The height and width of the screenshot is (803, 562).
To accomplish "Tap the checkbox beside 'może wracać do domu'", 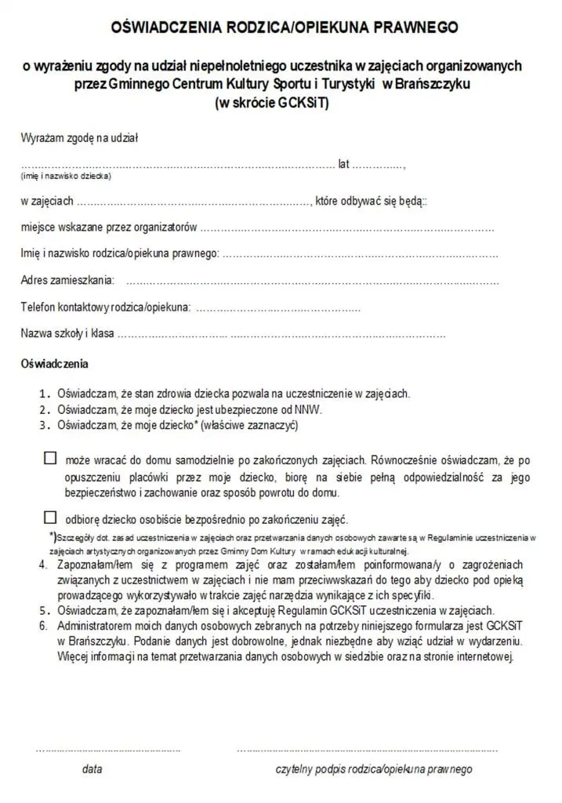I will [51, 458].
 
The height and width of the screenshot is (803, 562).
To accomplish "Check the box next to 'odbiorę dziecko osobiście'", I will [51, 517].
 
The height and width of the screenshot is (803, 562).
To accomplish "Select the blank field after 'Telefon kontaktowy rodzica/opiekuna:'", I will [277, 308].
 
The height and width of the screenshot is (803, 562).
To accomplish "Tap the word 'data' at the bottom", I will [92, 769].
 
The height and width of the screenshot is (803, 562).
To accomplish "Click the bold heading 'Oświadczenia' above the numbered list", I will [54, 364].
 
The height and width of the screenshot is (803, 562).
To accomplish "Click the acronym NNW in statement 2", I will [308, 409].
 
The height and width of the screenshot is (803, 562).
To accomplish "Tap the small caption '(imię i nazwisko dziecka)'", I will [65, 176].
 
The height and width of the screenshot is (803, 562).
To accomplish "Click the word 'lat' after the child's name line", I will [343, 165].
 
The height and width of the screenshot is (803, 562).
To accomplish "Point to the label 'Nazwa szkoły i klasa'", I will [67, 333].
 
